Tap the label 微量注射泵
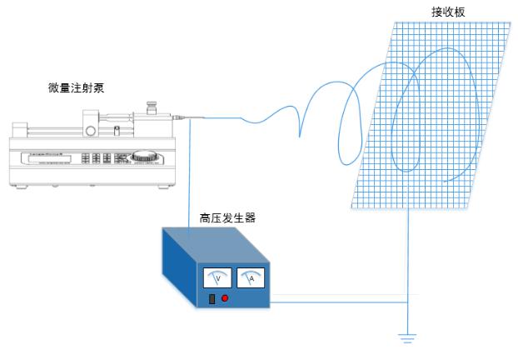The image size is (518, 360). click(x=77, y=87)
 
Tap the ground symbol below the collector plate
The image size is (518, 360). click(x=406, y=337)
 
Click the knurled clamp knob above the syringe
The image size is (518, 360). click(x=152, y=107)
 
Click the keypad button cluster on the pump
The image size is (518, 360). click(x=102, y=157)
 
